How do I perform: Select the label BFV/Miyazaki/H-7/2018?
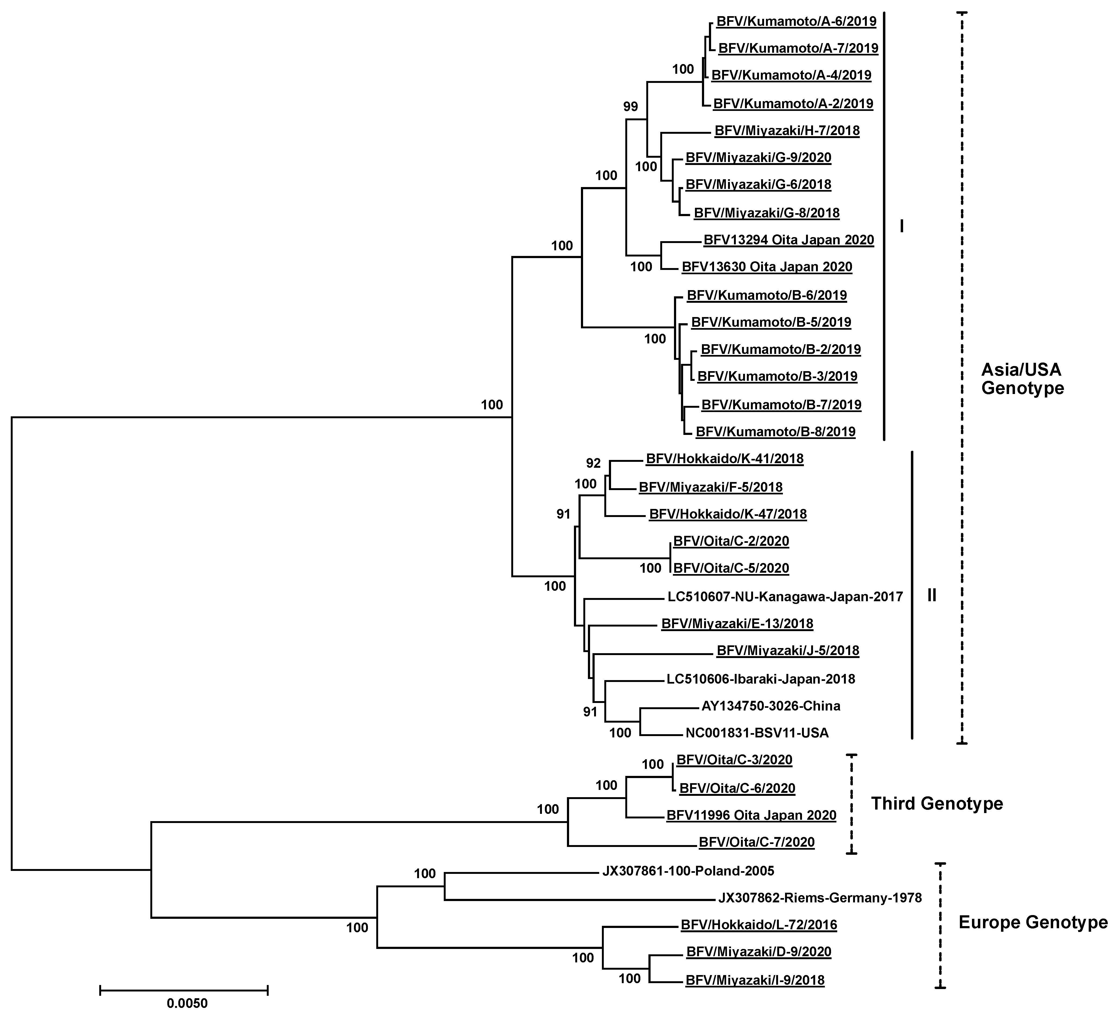tap(787, 131)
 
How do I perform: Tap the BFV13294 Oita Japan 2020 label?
tap(789, 240)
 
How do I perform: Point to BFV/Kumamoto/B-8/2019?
tap(775, 432)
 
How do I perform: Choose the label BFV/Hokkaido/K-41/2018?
tap(724, 459)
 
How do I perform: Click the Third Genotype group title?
tap(937, 804)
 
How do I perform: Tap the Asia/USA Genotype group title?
tap(1022, 379)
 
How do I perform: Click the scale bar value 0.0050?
tap(187, 1003)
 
